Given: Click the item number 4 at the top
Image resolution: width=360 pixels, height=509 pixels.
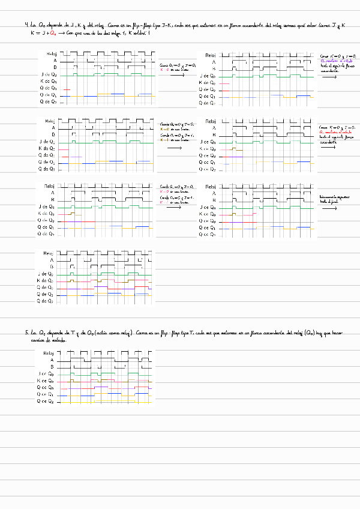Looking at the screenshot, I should click(x=26, y=25).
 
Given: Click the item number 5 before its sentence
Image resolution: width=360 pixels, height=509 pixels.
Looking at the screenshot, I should click(x=26, y=332).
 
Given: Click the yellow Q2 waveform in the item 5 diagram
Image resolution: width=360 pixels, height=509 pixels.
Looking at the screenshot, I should click(x=108, y=402).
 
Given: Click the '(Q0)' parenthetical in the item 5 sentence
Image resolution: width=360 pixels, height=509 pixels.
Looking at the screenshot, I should click(x=310, y=332).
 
